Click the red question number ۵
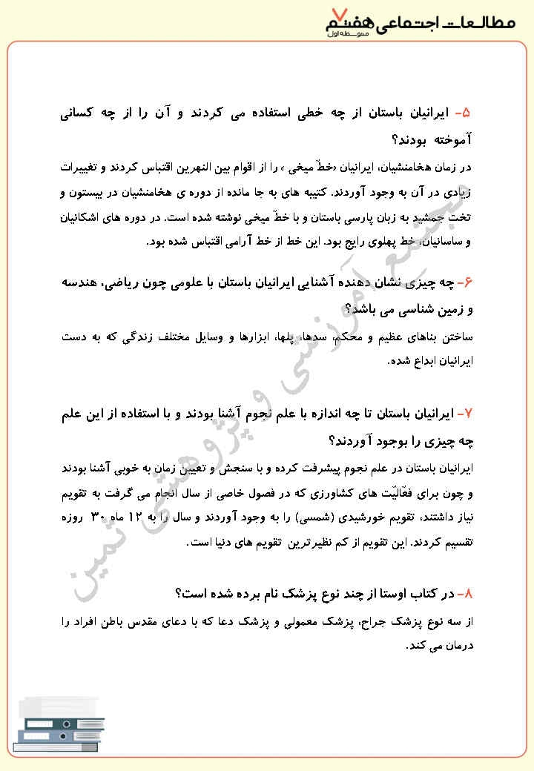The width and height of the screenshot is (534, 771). [x=464, y=113]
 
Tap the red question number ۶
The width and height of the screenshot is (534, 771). [x=465, y=282]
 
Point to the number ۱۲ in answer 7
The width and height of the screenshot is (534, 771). [x=148, y=517]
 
